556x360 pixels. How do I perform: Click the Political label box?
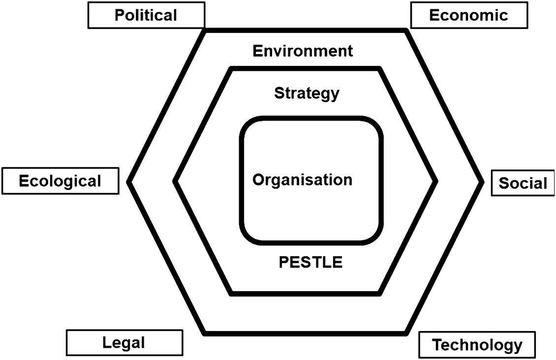[146, 15]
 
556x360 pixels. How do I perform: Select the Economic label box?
[468, 15]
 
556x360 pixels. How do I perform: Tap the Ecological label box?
[61, 181]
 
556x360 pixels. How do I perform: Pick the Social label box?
[523, 183]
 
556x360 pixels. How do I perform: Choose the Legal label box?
[124, 342]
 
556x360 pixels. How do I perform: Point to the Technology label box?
[477, 345]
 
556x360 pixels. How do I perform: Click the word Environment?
[303, 51]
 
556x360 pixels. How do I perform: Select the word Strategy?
[307, 93]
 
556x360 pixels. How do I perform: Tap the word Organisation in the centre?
[303, 179]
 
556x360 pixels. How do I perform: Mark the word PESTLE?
[310, 262]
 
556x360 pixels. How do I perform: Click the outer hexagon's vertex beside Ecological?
[129, 182]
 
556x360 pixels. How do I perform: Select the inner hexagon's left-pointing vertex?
[176, 181]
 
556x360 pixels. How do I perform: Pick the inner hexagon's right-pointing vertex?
[436, 181]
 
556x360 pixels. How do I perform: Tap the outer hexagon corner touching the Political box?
[205, 31]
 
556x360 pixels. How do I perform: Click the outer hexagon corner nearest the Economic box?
[406, 31]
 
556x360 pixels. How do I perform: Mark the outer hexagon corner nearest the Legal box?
[205, 333]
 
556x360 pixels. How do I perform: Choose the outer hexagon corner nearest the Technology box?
[406, 333]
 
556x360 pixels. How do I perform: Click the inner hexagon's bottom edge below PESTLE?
[305, 294]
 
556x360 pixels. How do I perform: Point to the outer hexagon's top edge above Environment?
[305, 31]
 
